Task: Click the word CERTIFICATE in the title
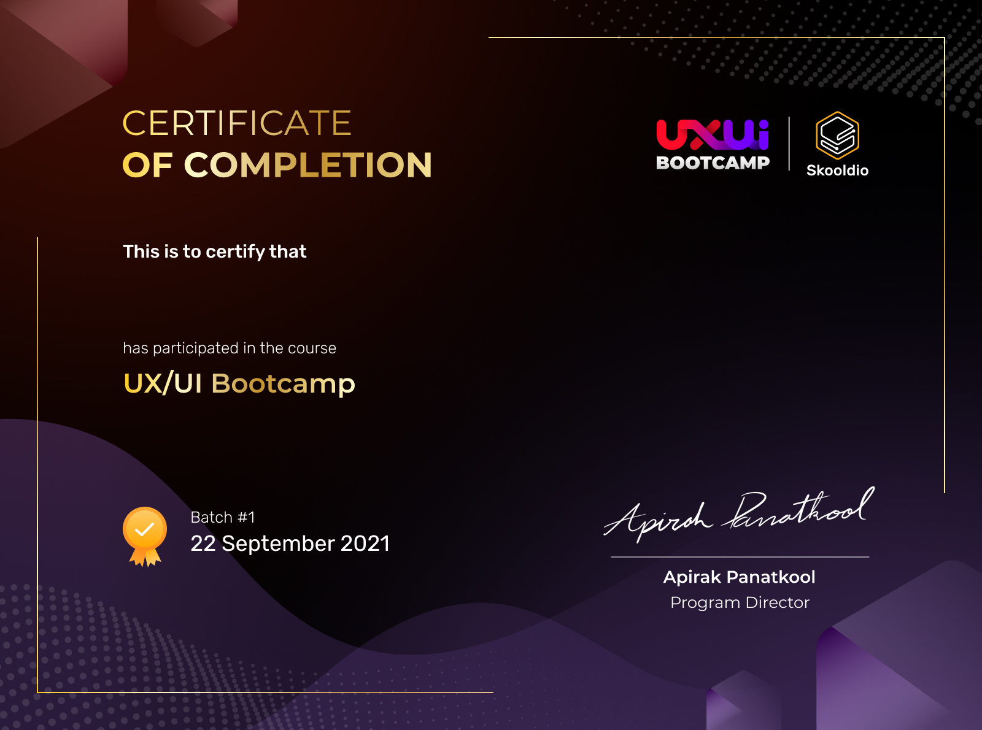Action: (237, 123)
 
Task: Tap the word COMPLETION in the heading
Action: (308, 165)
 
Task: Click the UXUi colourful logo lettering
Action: (713, 134)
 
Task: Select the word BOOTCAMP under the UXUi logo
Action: (713, 163)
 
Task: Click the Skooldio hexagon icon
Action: (837, 136)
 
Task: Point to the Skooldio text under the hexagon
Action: (837, 171)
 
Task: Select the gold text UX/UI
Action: (163, 383)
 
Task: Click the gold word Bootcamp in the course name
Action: (283, 384)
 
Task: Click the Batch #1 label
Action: (222, 517)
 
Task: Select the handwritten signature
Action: (740, 514)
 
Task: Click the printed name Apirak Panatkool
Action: (740, 577)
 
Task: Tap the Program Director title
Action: (740, 602)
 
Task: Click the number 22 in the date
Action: (203, 544)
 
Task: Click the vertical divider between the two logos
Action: (789, 144)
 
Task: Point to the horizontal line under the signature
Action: (740, 557)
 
